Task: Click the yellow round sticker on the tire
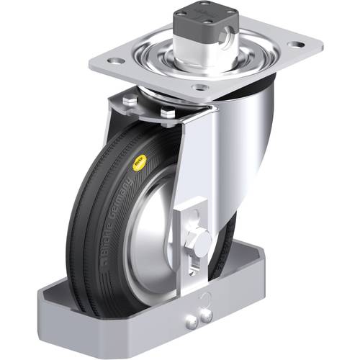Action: pyautogui.click(x=136, y=164)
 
